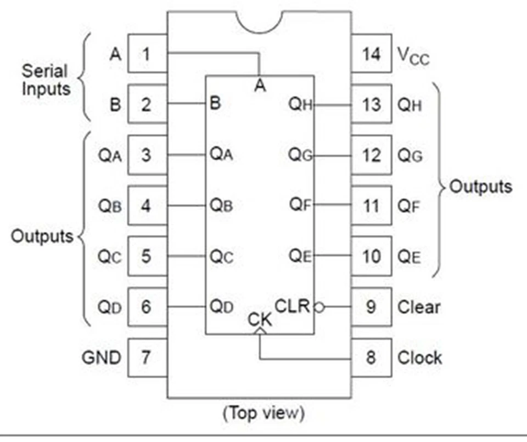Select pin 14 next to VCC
(x=371, y=54)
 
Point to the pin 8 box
(x=371, y=358)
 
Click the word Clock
(x=419, y=358)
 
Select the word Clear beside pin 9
(x=418, y=307)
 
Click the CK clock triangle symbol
(x=260, y=331)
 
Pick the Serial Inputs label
(x=46, y=80)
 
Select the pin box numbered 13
(x=371, y=104)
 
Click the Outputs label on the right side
(x=480, y=187)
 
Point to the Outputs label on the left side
(x=42, y=236)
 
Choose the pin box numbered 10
(x=371, y=256)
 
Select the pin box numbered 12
(x=371, y=155)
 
